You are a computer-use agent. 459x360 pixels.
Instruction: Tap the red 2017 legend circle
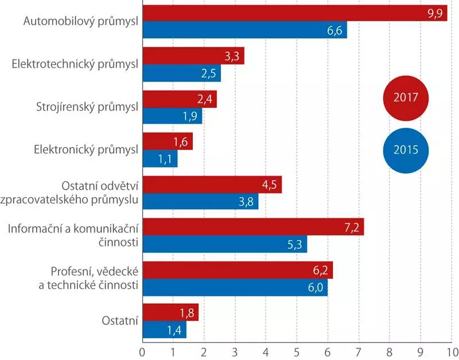[x=406, y=97]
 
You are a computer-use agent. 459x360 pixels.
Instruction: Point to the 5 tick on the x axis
[x=297, y=349]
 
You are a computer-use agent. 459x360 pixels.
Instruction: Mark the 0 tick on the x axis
[x=142, y=349]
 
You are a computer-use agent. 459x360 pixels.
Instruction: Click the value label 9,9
[x=435, y=13]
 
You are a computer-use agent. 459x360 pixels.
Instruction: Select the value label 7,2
[x=352, y=228]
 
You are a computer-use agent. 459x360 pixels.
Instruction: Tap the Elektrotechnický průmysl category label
[x=75, y=65]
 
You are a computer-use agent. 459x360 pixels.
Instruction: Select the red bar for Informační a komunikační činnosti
[x=253, y=228]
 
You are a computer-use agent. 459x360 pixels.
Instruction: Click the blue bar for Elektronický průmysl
[x=160, y=159]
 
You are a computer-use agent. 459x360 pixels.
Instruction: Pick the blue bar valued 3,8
[x=200, y=202]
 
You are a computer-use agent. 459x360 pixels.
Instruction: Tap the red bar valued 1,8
[x=170, y=313]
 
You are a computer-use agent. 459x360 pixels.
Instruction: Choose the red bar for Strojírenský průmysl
[x=179, y=99]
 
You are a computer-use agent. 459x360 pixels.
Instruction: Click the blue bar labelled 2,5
[x=181, y=73]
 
